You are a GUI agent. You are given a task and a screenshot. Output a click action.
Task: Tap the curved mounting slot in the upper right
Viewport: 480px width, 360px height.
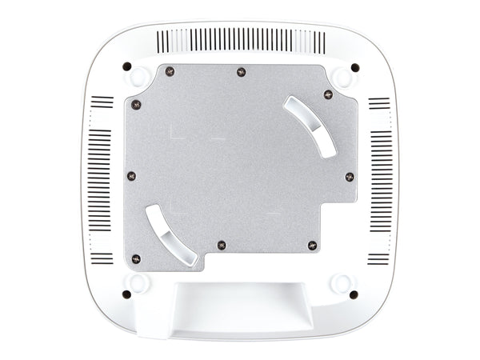click(x=310, y=126)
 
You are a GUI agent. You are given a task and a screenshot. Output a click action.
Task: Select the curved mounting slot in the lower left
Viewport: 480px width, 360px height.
click(x=171, y=234)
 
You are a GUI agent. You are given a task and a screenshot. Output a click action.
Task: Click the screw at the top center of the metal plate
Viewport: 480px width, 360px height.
click(x=241, y=73)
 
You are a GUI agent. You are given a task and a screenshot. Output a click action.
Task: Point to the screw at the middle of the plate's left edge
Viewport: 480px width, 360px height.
click(x=131, y=176)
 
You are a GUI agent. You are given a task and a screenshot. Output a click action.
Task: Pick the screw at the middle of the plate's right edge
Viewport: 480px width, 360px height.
click(x=349, y=176)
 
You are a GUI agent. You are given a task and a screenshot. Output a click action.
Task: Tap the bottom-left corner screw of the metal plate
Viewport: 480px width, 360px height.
click(x=136, y=258)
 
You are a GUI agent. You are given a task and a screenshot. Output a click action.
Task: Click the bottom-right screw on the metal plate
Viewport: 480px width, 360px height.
click(x=312, y=244)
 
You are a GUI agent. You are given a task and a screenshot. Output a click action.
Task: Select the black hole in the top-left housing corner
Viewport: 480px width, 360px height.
click(x=126, y=66)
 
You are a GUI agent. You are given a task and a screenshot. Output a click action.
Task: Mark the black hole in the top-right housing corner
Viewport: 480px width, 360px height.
click(x=354, y=67)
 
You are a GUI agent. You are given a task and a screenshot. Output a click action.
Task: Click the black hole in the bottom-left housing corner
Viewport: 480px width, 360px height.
click(x=126, y=294)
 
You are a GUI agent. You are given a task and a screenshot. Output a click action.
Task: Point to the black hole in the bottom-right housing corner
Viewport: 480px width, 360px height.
click(x=354, y=294)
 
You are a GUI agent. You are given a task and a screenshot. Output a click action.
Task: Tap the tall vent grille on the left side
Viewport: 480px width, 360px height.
click(x=99, y=180)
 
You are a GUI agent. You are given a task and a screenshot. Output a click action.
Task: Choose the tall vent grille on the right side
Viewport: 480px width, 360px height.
click(x=381, y=180)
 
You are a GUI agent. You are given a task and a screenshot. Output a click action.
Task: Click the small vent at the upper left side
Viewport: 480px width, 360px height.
click(x=102, y=102)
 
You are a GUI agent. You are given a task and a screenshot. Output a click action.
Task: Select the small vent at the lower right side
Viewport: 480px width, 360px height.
click(x=378, y=258)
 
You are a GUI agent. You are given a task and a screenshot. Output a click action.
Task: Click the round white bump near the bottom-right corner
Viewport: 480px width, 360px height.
click(x=342, y=282)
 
